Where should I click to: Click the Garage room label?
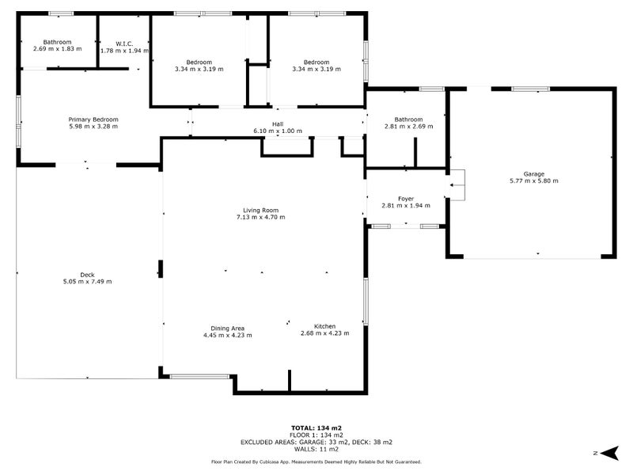tap(533, 174)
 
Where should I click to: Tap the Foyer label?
tap(406, 199)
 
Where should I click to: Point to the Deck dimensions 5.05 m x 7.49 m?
tap(87, 281)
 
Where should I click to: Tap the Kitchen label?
tap(324, 326)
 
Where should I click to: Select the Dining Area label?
tap(227, 328)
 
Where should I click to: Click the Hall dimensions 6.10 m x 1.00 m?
tap(278, 131)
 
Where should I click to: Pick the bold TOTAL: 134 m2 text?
tap(316, 427)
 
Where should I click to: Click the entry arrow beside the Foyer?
tap(457, 186)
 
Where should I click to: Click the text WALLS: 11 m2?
tap(316, 449)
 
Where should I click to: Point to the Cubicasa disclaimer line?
tap(316, 462)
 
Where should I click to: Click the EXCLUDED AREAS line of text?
tap(316, 442)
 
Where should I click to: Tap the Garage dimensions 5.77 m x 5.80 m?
tap(534, 181)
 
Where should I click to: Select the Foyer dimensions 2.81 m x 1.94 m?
tap(406, 206)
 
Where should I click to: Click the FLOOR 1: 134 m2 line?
tap(316, 435)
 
